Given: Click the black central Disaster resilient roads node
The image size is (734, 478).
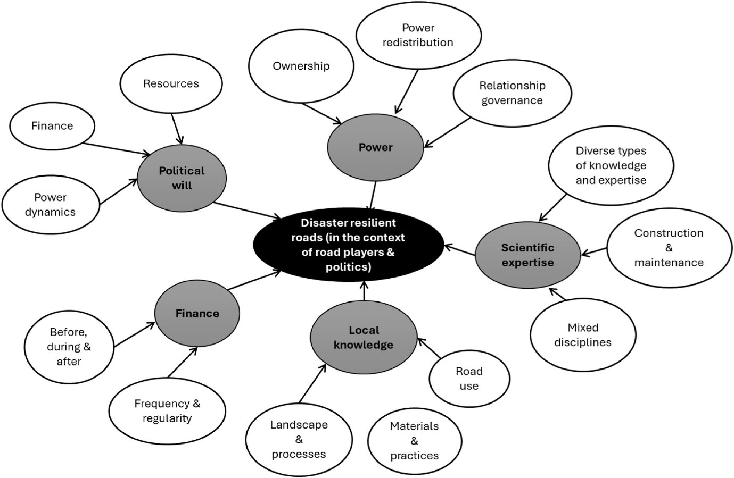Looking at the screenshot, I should [348, 245].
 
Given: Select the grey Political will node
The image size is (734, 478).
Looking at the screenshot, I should [182, 178].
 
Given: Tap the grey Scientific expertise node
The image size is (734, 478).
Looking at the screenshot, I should [527, 255].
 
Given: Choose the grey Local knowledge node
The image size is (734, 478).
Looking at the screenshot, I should [364, 338].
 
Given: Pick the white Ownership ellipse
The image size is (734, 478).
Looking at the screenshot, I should [301, 66].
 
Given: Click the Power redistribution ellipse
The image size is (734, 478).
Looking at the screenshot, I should [418, 35].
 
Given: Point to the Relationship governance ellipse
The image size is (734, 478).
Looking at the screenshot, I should [512, 93].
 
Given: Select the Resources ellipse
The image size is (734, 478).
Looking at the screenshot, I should [171, 83].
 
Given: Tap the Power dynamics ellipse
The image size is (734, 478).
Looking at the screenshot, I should [51, 205].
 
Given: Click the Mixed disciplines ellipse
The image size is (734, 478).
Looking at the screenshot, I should [583, 335].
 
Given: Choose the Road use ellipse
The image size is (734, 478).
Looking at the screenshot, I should [469, 379].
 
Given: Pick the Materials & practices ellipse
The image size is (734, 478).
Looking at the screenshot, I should [414, 441].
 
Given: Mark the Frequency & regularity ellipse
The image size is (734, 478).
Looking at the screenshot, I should [167, 411].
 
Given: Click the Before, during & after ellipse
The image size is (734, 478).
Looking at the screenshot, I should [69, 347].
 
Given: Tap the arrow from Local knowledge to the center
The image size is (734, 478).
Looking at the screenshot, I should [364, 291].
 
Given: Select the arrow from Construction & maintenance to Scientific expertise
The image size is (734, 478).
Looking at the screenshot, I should [594, 251].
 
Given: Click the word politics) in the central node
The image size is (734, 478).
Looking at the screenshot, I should [348, 267].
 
